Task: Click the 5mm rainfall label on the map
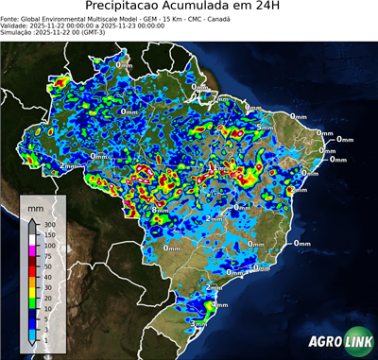click(x=265, y=127)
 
